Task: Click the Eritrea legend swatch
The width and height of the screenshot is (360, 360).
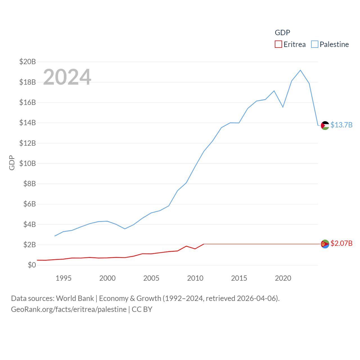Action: (x=278, y=44)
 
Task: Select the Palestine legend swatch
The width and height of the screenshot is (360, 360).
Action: (x=314, y=44)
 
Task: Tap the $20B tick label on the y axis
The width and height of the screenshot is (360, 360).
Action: (x=28, y=62)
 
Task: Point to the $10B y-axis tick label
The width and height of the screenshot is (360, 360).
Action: (x=28, y=163)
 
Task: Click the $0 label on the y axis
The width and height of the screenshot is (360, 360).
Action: (x=32, y=265)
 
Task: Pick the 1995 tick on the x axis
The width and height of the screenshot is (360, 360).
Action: (x=64, y=278)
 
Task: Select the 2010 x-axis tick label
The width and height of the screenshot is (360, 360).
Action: (x=195, y=278)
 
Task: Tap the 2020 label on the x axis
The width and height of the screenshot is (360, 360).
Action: (x=283, y=278)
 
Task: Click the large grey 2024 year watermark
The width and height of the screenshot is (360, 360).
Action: (x=67, y=77)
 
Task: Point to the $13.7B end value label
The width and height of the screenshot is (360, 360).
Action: (x=341, y=125)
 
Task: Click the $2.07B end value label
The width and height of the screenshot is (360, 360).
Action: (x=341, y=243)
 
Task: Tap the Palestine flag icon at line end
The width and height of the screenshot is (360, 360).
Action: (x=325, y=125)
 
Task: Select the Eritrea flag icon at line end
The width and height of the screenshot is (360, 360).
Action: (x=325, y=244)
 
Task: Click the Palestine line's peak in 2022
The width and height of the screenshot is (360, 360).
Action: (x=300, y=70)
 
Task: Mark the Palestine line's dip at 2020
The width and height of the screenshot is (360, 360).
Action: (x=283, y=107)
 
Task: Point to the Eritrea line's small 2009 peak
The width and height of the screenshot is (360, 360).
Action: (x=186, y=246)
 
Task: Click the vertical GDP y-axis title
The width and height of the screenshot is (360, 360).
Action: (x=12, y=163)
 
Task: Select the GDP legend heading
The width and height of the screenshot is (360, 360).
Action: (x=282, y=33)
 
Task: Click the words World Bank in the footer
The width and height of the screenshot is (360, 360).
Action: (x=75, y=298)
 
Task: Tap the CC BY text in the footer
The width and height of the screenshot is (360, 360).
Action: (x=142, y=309)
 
